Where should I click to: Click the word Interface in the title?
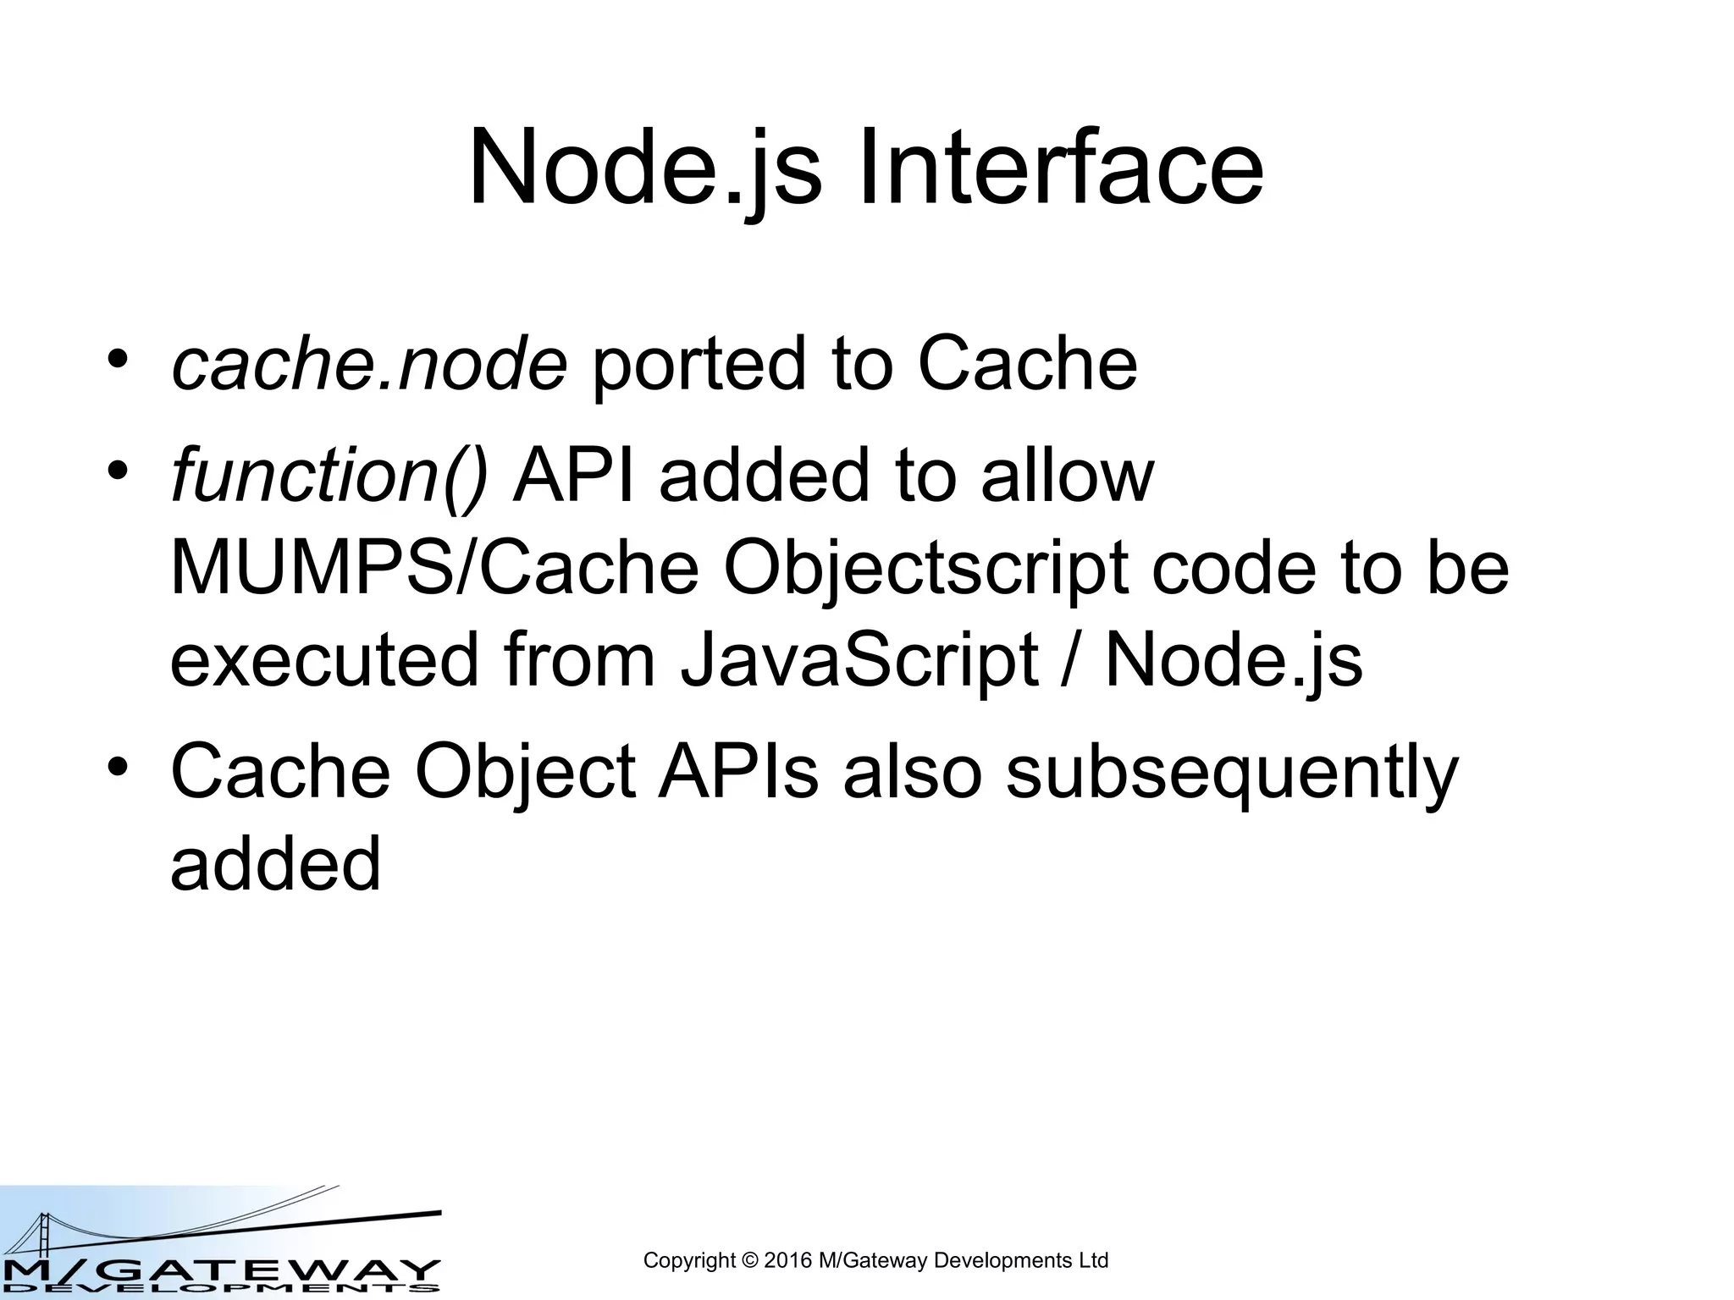(x=1060, y=167)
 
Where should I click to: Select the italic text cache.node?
(x=369, y=365)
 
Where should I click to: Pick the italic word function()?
(x=329, y=476)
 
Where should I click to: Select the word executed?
(x=325, y=660)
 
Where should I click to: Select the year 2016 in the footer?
(x=787, y=1260)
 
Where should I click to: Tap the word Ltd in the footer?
(x=1092, y=1260)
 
